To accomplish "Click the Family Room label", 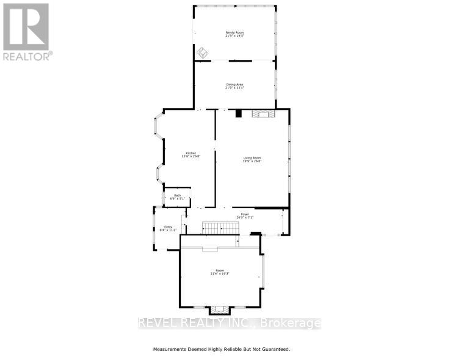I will pyautogui.click(x=234, y=32).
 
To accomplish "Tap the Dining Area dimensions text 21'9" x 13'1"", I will pyautogui.click(x=234, y=88).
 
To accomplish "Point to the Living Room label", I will pyautogui.click(x=252, y=157).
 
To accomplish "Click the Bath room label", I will pyautogui.click(x=177, y=195).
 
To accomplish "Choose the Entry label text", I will pyautogui.click(x=168, y=227).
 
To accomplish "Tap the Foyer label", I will pyautogui.click(x=244, y=214).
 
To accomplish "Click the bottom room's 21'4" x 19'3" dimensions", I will pyautogui.click(x=220, y=274).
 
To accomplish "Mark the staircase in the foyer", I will pyautogui.click(x=220, y=228).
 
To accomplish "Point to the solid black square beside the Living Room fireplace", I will pyautogui.click(x=239, y=112).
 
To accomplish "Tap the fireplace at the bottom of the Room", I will pyautogui.click(x=219, y=310).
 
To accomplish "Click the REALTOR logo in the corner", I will pyautogui.click(x=26, y=31).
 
